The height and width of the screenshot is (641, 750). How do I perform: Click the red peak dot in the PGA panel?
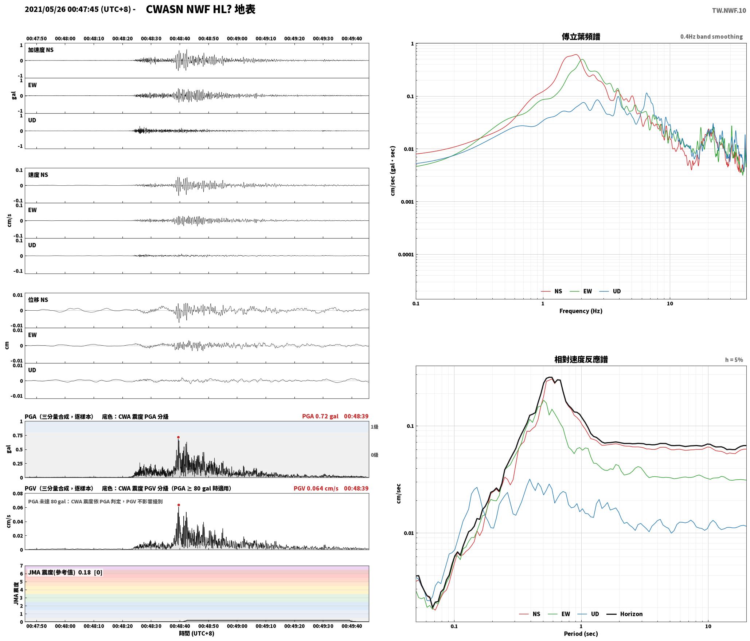(x=178, y=437)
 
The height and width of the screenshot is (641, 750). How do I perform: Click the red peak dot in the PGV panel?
(x=179, y=505)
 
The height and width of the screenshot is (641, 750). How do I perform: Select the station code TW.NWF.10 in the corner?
(x=729, y=11)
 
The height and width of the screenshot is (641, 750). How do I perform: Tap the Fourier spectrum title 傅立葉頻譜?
(x=581, y=37)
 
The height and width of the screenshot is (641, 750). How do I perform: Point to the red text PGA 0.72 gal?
(x=320, y=416)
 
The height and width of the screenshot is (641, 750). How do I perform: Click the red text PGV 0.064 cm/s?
(x=316, y=488)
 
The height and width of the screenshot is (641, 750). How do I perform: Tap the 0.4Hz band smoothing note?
(x=711, y=37)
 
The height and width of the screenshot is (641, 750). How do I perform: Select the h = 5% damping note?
(x=734, y=360)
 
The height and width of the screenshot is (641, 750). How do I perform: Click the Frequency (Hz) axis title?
(x=581, y=311)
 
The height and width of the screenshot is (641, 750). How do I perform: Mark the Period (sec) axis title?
(x=581, y=634)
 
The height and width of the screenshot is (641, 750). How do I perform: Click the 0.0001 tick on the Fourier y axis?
(x=406, y=255)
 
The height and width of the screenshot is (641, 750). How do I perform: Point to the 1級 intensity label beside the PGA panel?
(x=374, y=427)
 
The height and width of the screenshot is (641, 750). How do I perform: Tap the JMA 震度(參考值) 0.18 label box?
(x=65, y=573)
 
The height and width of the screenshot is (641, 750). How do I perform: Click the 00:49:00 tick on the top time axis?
(x=237, y=39)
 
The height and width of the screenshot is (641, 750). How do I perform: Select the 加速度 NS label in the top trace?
(x=41, y=50)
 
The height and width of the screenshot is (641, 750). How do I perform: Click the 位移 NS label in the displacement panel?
(x=38, y=300)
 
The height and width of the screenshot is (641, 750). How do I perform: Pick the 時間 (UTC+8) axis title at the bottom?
(x=197, y=633)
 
